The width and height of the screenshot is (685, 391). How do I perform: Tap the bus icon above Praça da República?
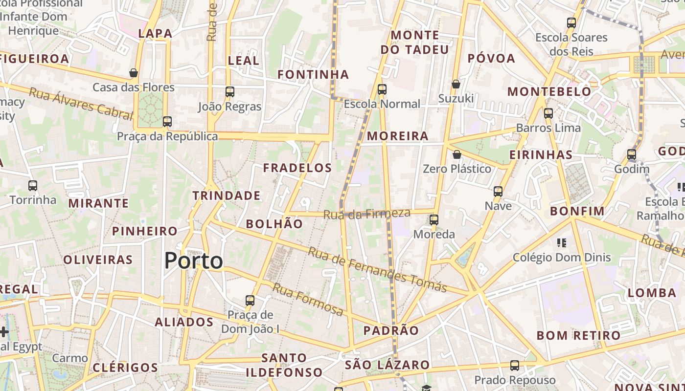tap(167, 121)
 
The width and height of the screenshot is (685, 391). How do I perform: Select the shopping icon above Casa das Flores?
tap(134, 73)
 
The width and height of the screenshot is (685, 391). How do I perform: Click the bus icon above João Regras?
tap(229, 91)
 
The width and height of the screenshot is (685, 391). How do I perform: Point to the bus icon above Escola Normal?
tap(382, 89)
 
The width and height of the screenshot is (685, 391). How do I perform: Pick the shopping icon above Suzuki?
tap(456, 84)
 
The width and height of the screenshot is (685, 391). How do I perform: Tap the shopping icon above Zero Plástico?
tap(457, 154)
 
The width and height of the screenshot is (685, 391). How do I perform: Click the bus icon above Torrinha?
tap(33, 186)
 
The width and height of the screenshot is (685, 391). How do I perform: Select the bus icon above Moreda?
tap(434, 220)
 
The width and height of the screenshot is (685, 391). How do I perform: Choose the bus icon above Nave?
tap(498, 191)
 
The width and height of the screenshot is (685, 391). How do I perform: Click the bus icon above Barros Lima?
tap(548, 113)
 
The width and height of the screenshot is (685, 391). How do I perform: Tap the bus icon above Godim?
tap(632, 154)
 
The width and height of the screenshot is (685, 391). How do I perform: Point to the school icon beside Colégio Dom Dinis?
tap(561, 243)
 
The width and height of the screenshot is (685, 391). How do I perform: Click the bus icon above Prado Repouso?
tap(515, 365)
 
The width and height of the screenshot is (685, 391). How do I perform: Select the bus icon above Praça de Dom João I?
tap(250, 300)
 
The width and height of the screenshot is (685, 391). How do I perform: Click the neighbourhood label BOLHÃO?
tap(274, 224)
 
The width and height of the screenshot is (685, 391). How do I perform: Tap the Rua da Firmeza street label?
tap(366, 214)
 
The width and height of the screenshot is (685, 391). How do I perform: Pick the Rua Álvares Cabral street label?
tap(81, 103)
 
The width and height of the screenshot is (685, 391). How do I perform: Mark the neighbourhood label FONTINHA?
tap(313, 75)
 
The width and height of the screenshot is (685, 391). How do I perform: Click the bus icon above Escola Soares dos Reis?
tap(571, 22)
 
